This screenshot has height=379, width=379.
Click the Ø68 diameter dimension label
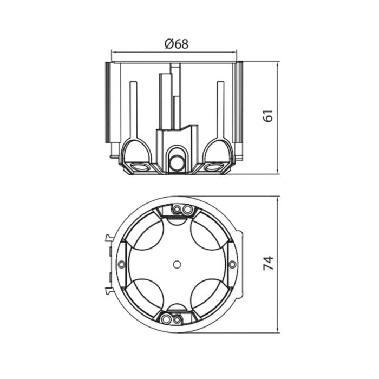click(x=177, y=44)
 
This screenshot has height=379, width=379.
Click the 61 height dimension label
click(x=269, y=116)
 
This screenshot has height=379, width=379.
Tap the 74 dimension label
click(x=269, y=263)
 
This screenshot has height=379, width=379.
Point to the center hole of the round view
click(x=177, y=264)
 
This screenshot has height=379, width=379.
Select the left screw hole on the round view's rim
click(x=122, y=264)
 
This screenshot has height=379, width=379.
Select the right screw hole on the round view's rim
click(x=232, y=264)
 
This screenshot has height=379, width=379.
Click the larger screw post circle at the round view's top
click(x=187, y=210)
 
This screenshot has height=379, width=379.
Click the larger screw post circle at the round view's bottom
click(x=166, y=319)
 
